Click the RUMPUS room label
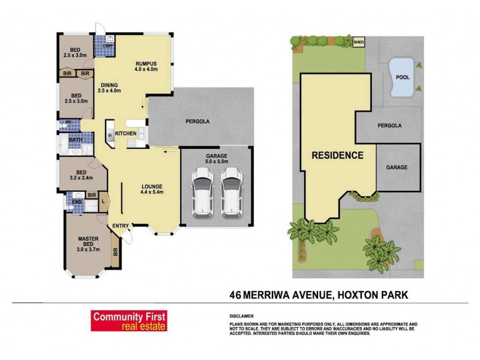[x=146, y=63]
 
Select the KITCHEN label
[x=126, y=133]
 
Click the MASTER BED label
[x=88, y=241]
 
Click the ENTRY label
[x=119, y=225]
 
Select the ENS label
[x=77, y=202]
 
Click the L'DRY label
[x=109, y=47]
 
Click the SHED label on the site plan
[x=359, y=43]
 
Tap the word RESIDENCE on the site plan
[x=337, y=155]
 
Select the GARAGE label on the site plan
[x=397, y=167]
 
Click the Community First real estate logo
[x=129, y=321]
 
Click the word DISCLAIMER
[x=241, y=316]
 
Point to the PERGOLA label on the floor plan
[x=197, y=121]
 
